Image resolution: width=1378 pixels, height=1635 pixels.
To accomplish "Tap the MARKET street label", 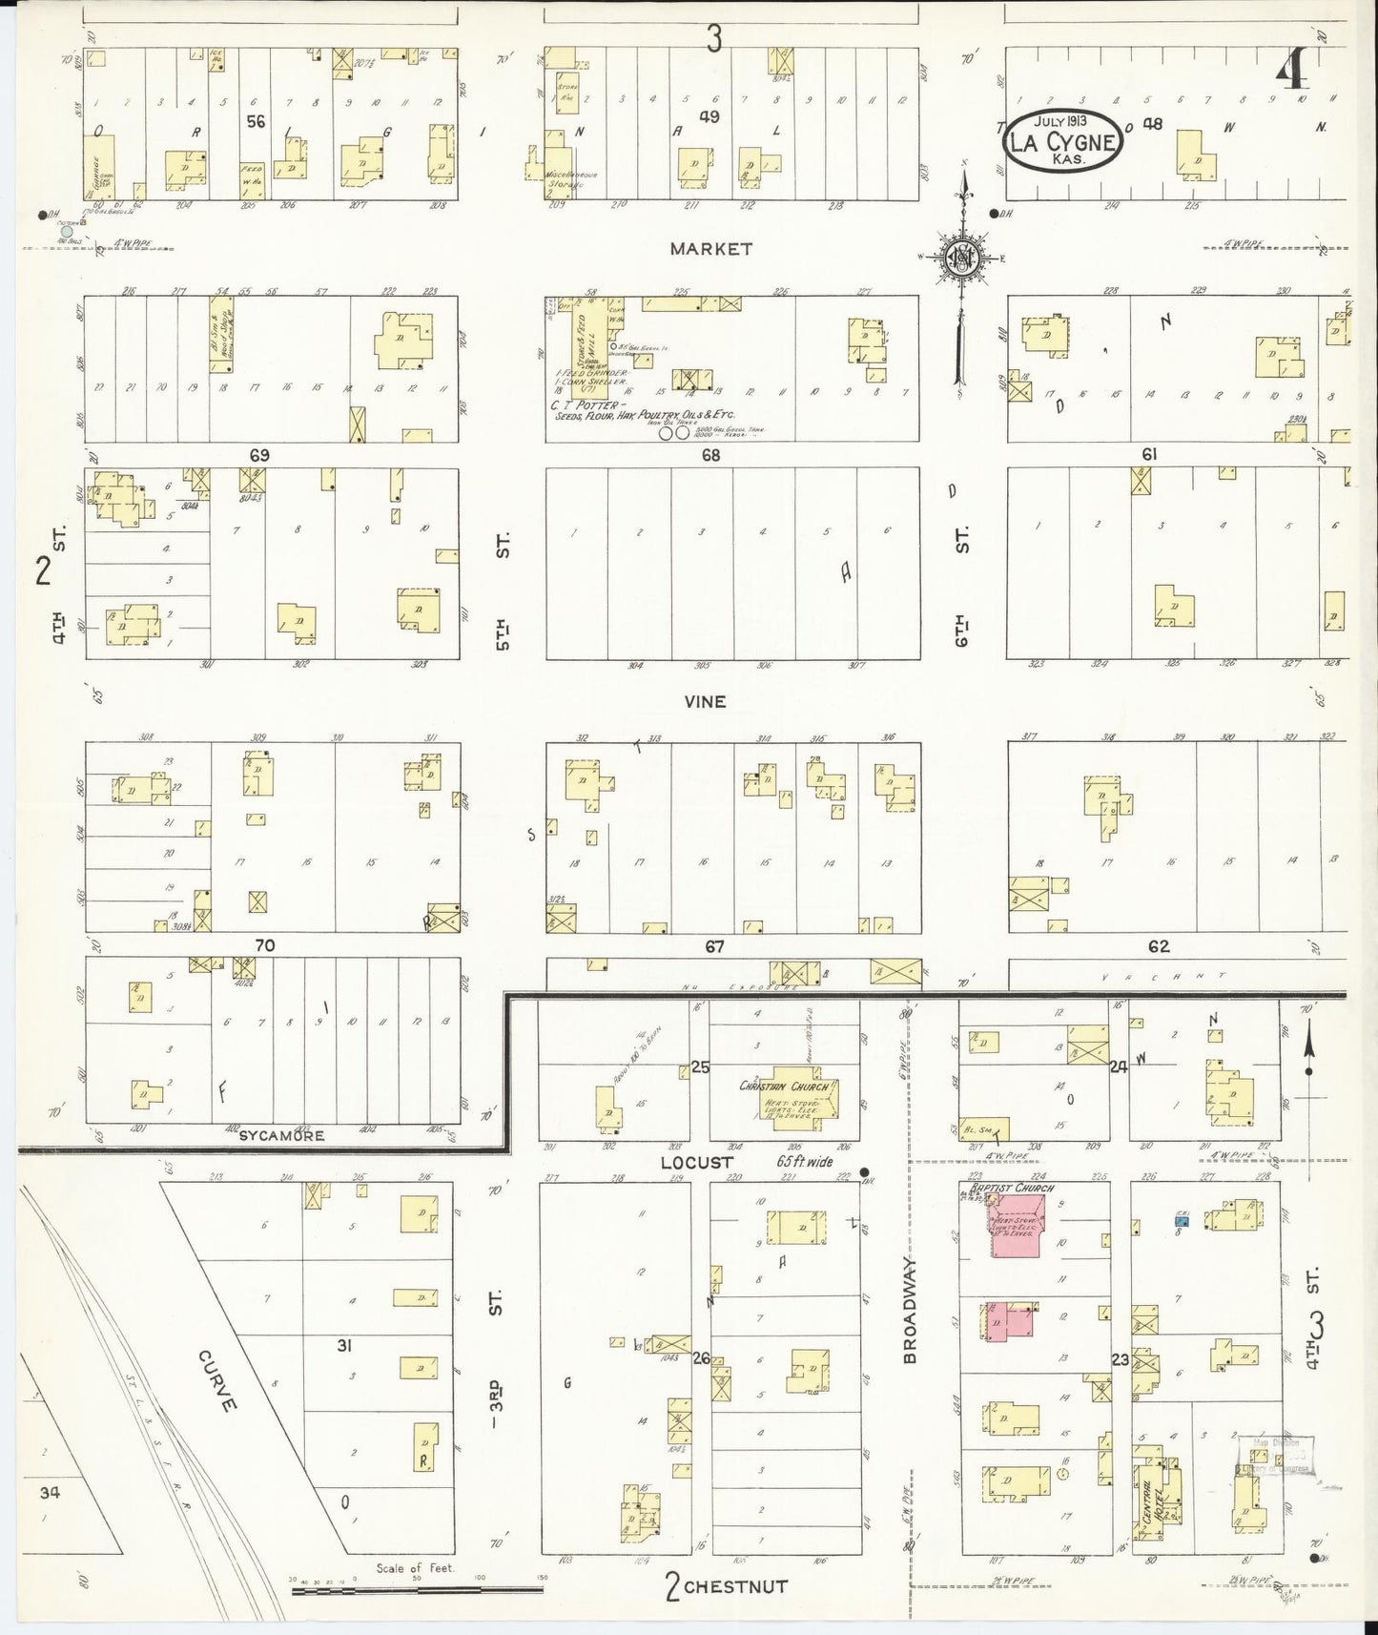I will pos(710,249).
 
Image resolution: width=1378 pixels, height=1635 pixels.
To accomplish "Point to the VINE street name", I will pos(705,701).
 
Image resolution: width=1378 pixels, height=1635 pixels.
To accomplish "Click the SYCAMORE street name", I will pos(281,1135).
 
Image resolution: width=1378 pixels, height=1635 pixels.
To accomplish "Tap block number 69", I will pos(259,455).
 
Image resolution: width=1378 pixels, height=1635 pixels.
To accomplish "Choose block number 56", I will pos(255,121).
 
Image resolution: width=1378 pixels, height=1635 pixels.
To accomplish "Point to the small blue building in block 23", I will pos(1183,1219).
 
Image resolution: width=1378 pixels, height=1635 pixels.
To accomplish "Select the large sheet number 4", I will pos(1293,72).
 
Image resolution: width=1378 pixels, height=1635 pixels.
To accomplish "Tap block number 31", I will pos(344,1346).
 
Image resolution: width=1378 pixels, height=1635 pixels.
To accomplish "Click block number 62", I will pos(1159,946).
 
